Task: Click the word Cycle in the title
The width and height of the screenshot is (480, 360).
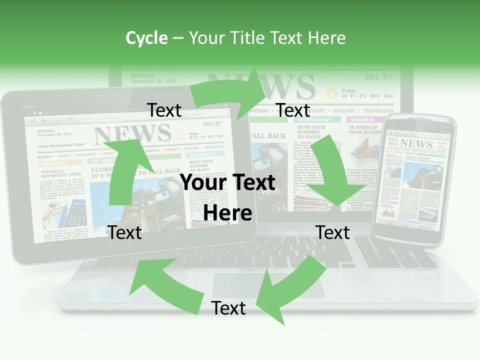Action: tap(146, 37)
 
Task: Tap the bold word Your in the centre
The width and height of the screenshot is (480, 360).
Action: tap(205, 182)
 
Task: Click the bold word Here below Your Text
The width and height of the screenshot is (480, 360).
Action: tap(227, 213)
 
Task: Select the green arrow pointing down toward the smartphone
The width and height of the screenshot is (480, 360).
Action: tap(335, 170)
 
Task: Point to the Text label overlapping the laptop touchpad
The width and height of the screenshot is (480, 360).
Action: tap(228, 308)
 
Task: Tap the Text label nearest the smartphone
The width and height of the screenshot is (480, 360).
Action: tap(333, 232)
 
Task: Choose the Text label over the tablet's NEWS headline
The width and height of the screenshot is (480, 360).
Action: tap(164, 110)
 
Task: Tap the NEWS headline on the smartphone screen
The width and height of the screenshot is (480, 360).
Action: tap(416, 144)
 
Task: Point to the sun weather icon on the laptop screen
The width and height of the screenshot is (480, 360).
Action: tap(331, 93)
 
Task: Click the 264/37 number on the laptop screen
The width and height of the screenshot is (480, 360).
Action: tap(378, 77)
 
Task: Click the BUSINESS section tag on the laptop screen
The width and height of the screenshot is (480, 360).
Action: tap(362, 120)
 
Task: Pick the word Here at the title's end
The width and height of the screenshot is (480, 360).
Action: tap(327, 37)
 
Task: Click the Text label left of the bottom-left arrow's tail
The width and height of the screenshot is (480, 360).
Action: tap(125, 232)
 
